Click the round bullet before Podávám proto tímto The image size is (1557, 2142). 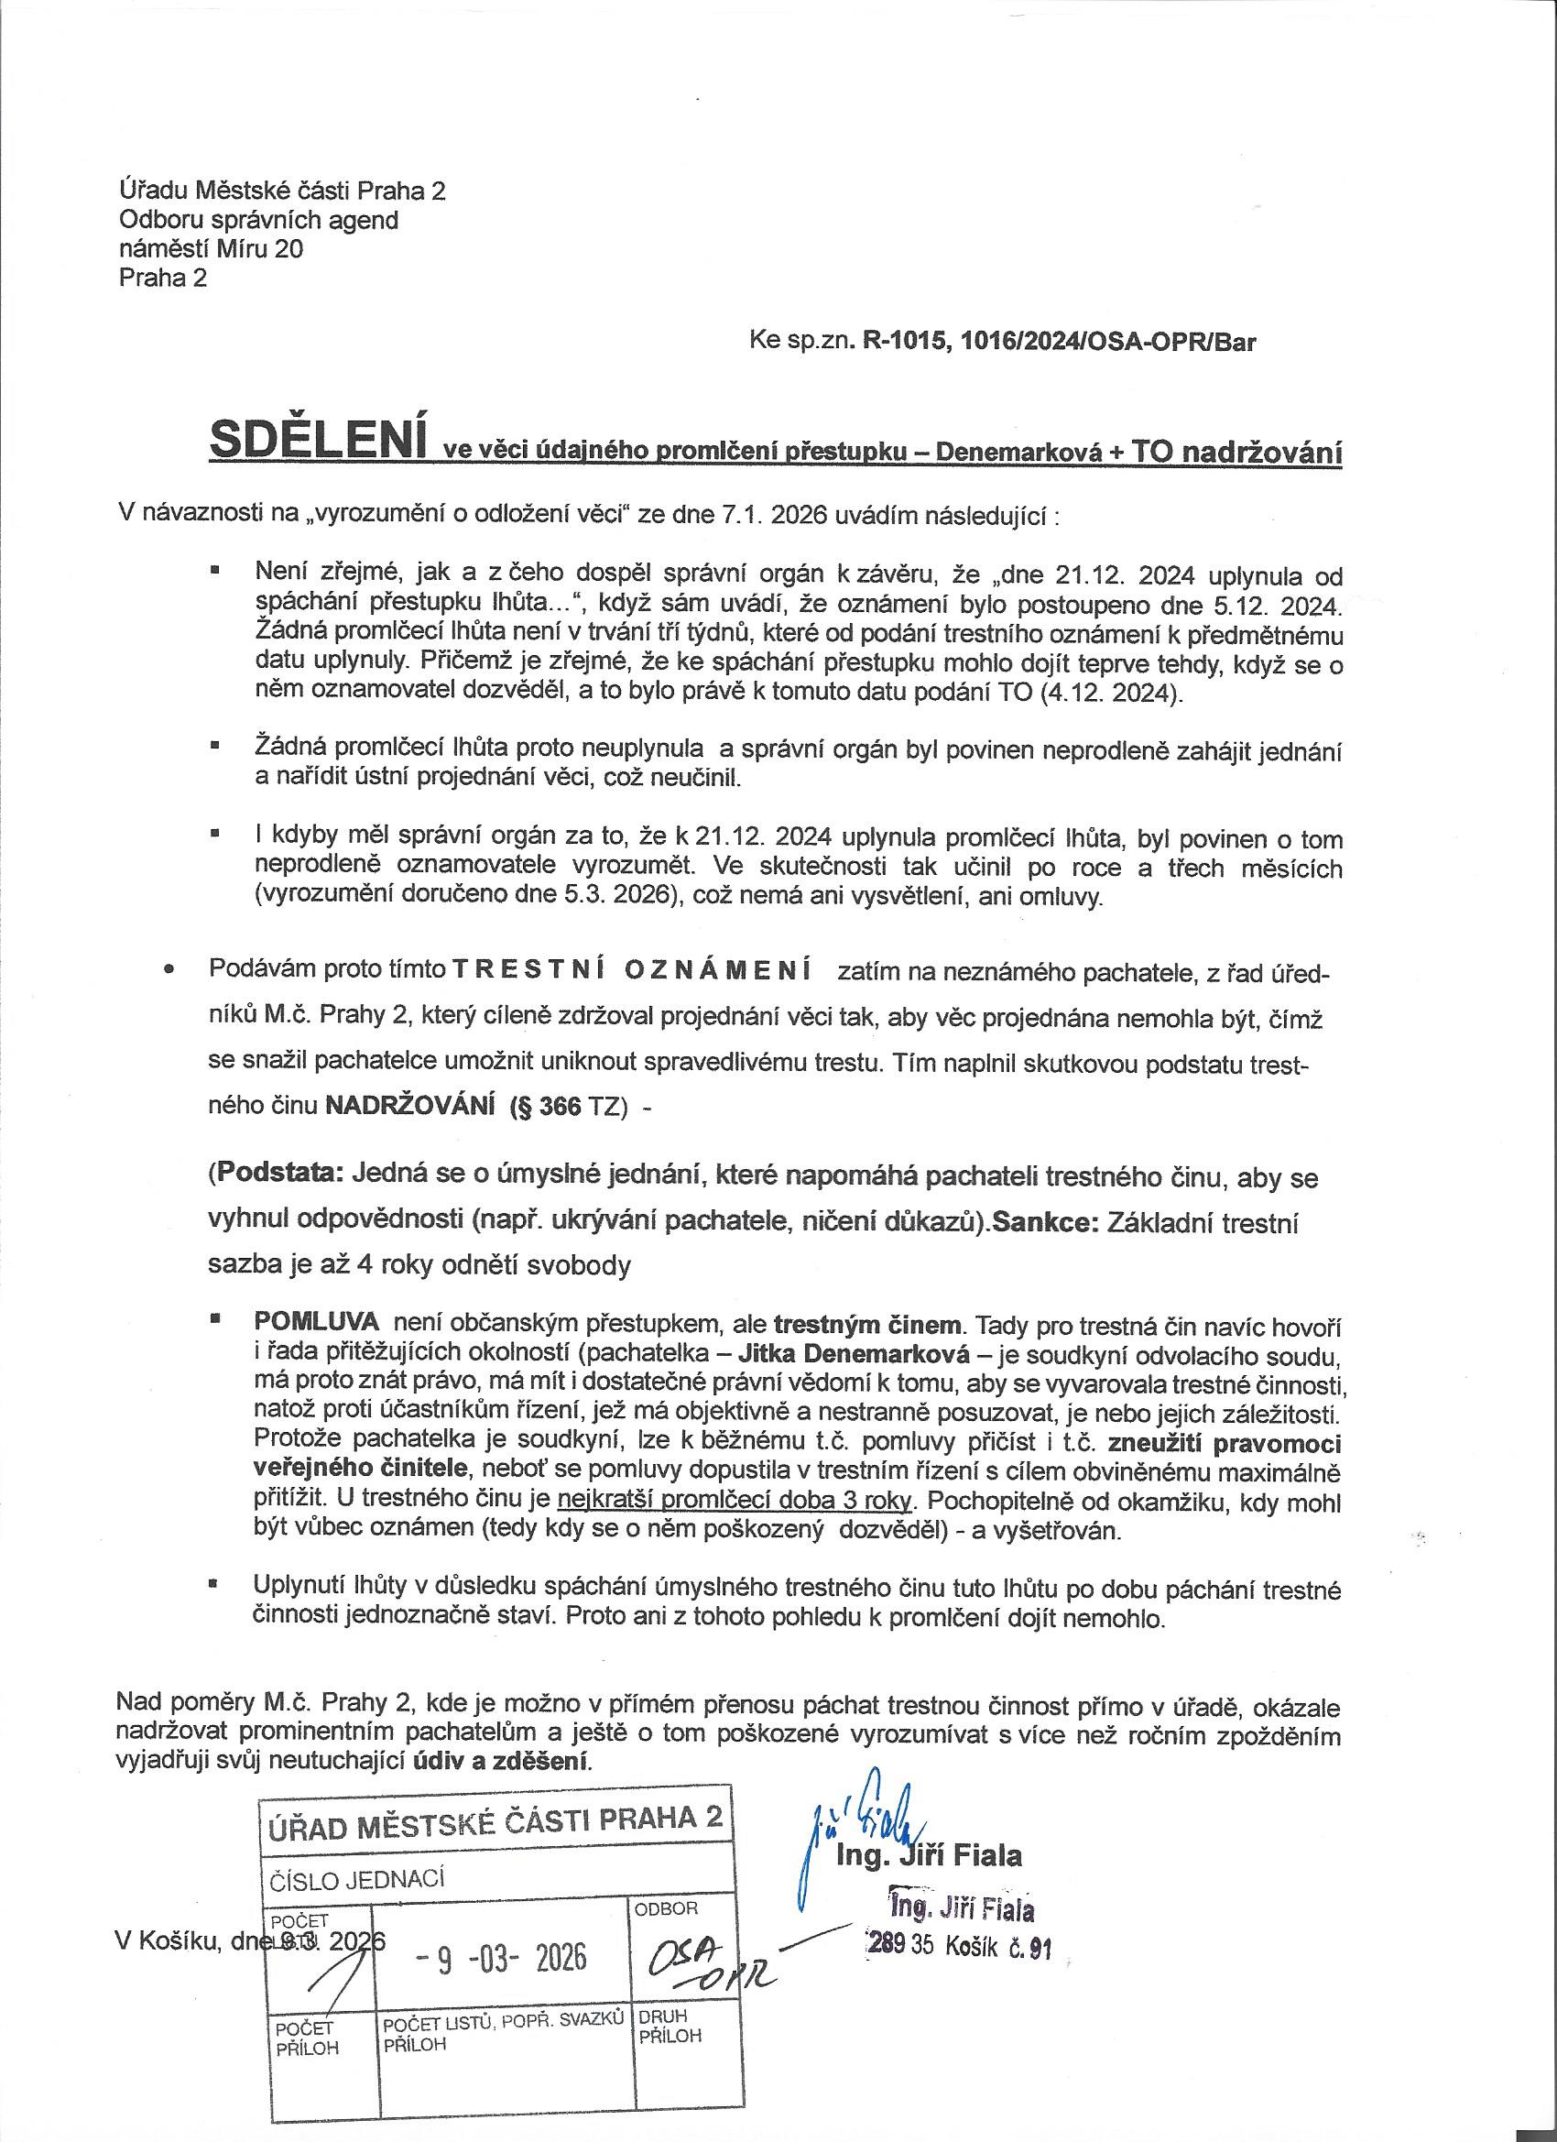pos(170,971)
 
